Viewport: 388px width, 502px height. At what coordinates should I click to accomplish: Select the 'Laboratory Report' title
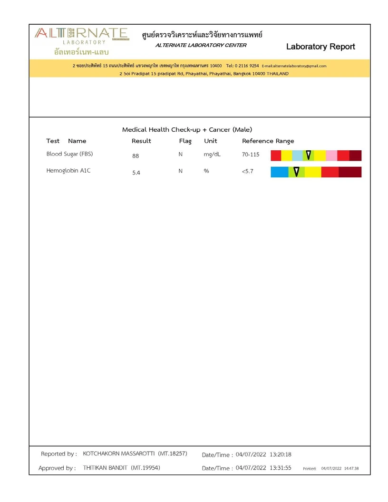pyautogui.click(x=320, y=47)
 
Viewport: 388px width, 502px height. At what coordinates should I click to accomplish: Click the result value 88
pyautogui.click(x=136, y=156)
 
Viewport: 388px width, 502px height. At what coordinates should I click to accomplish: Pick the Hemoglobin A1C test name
pyautogui.click(x=68, y=171)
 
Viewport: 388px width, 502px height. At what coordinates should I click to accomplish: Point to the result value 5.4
pyautogui.click(x=136, y=173)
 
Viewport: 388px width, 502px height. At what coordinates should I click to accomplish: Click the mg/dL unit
pyautogui.click(x=212, y=154)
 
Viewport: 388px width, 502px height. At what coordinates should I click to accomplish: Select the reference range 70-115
pyautogui.click(x=251, y=155)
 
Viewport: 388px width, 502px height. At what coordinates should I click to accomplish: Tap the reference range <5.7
pyautogui.click(x=247, y=171)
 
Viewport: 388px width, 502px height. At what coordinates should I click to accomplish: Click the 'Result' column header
pyautogui.click(x=141, y=141)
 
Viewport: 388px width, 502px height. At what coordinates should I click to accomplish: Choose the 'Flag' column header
pyautogui.click(x=185, y=141)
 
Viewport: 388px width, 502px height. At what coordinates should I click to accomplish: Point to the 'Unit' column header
pyautogui.click(x=210, y=141)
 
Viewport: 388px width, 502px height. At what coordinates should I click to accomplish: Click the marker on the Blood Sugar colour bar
pyautogui.click(x=308, y=155)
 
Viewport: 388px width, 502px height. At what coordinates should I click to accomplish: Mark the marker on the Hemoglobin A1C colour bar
pyautogui.click(x=296, y=172)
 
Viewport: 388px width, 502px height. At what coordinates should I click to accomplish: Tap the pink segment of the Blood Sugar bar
pyautogui.click(x=331, y=155)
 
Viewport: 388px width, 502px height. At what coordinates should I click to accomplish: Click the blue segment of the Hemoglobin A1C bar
pyautogui.click(x=280, y=172)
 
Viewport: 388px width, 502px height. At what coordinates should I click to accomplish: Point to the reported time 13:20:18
pyautogui.click(x=281, y=454)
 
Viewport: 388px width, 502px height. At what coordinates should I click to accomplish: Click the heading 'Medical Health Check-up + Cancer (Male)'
pyautogui.click(x=187, y=129)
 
